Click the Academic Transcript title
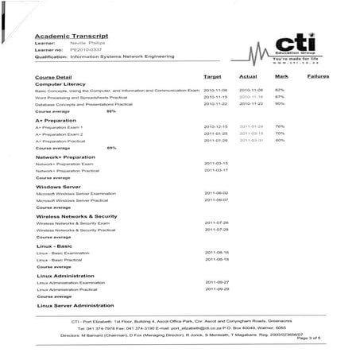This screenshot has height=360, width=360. [64, 37]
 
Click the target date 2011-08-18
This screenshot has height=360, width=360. [216, 259]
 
